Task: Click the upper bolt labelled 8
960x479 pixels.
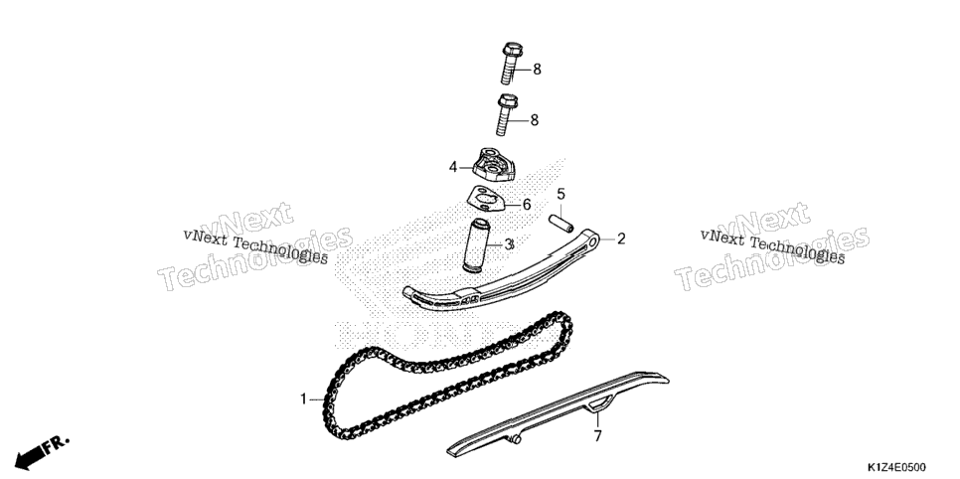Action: [511, 63]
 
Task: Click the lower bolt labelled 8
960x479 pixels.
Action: [506, 114]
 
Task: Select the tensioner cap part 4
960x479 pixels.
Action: [495, 165]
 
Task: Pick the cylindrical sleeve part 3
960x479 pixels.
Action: [479, 244]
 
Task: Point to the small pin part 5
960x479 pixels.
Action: [560, 223]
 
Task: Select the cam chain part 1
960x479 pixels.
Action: [447, 375]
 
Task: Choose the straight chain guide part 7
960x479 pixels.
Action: [558, 412]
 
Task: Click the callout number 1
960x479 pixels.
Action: [303, 399]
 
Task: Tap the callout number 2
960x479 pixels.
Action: [621, 239]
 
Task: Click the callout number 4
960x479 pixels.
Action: [453, 167]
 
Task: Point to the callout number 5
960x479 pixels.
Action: [560, 195]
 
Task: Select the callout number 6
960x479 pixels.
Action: [527, 205]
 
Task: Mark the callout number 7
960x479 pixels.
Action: [597, 436]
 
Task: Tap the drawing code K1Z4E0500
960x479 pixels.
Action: [895, 468]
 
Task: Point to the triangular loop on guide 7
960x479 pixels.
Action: [599, 403]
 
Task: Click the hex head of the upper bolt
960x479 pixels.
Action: [513, 48]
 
